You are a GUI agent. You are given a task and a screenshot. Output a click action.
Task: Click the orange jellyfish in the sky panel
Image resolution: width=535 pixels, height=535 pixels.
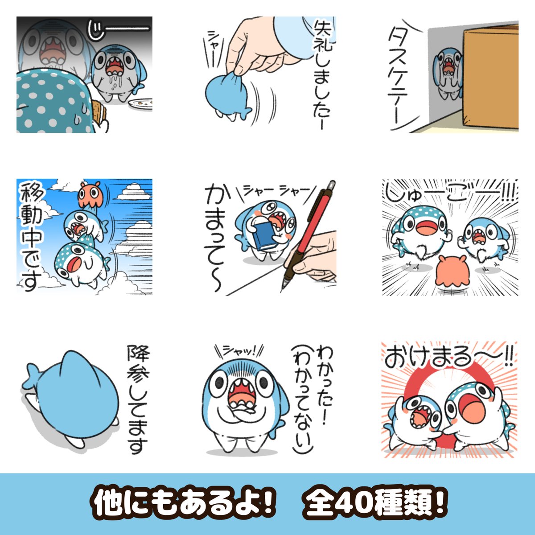coord(88,193)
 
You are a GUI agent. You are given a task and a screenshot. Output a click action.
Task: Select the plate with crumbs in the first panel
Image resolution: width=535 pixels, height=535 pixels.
coord(140,103)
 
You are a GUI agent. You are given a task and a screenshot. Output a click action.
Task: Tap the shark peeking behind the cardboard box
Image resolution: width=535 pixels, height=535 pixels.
coord(449,74)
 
